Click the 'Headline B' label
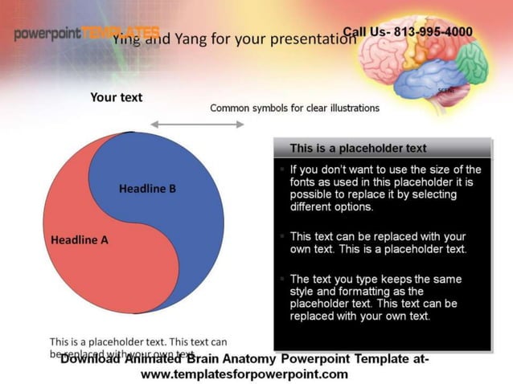coord(147,189)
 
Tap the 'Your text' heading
coord(116,97)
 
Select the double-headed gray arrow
coord(197,124)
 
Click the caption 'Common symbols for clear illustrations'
coord(294,108)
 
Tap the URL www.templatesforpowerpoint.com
coord(244,374)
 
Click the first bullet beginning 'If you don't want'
coord(385,188)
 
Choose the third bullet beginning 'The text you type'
coord(376,297)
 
